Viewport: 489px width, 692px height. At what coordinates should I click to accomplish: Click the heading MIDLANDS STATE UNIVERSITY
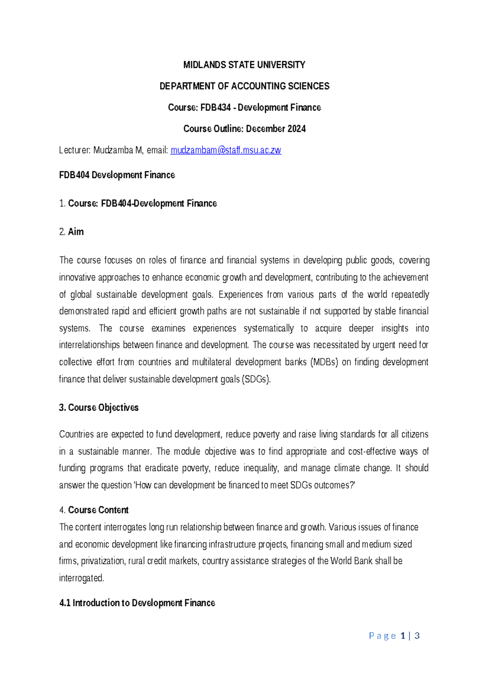[244, 65]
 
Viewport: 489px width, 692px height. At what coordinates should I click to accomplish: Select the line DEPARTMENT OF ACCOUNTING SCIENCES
[244, 86]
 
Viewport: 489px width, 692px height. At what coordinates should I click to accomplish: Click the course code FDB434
[216, 107]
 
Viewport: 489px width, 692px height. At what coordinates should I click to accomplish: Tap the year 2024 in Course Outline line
[296, 129]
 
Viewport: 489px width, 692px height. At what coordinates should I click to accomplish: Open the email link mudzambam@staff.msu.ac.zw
[226, 150]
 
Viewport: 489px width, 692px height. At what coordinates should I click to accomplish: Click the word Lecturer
[75, 150]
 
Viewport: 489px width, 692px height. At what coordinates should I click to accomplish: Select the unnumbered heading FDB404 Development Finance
[117, 175]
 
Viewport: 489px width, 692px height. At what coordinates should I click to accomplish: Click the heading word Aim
[76, 232]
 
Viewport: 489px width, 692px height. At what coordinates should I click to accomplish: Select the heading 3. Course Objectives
[99, 408]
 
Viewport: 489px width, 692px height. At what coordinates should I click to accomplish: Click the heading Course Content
[98, 510]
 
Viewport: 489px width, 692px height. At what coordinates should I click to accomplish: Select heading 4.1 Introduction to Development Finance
[137, 603]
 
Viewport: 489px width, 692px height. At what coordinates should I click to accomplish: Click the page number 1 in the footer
[403, 636]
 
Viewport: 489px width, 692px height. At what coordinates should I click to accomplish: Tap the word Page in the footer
[382, 636]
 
